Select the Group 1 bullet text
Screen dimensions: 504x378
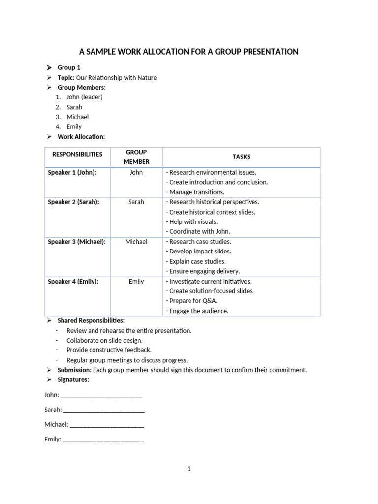coord(69,67)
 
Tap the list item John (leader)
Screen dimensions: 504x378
coord(85,97)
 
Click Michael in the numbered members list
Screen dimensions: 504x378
coord(78,117)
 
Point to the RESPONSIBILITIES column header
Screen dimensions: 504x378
coord(77,154)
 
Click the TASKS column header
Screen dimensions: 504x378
coord(241,157)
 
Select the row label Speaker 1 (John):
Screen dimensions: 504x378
coord(72,172)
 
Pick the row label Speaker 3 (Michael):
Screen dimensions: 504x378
coord(77,242)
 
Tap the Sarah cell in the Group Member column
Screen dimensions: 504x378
coord(136,202)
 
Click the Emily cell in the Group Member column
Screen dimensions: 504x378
coord(136,281)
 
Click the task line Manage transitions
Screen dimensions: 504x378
coord(195,192)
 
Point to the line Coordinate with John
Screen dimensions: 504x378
coord(198,231)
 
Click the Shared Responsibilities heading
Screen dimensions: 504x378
coord(91,320)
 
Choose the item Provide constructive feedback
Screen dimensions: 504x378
coord(109,350)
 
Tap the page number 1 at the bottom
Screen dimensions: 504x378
coord(189,468)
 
